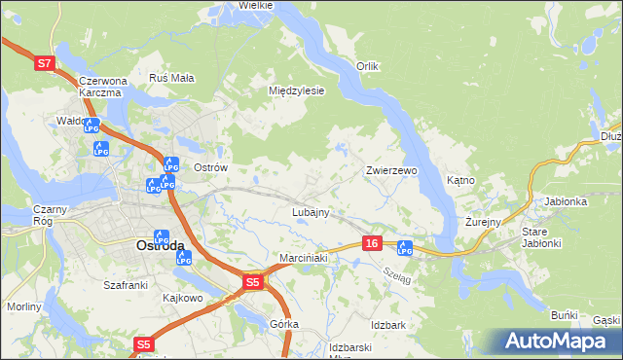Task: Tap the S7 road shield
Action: (x=44, y=63)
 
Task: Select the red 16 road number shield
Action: (x=371, y=243)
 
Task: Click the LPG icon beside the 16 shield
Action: (x=405, y=248)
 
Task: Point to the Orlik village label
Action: (x=366, y=66)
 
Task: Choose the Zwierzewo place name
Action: (x=391, y=170)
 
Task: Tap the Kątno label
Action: (x=460, y=180)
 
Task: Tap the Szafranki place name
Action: (x=125, y=285)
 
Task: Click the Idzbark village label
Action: (x=387, y=323)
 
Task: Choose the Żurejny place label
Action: (x=482, y=222)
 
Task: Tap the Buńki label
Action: (x=565, y=316)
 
